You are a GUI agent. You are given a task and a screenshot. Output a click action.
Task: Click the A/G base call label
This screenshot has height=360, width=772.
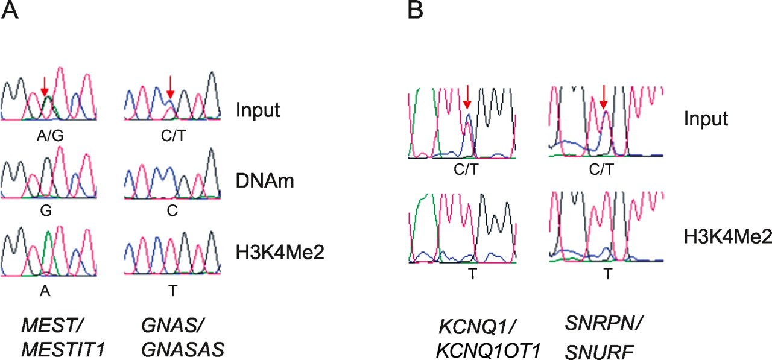coord(50,136)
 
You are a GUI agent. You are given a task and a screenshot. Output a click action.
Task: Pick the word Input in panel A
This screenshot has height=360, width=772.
coord(258,110)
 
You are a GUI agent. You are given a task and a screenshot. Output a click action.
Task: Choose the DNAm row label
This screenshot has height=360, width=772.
coord(265,180)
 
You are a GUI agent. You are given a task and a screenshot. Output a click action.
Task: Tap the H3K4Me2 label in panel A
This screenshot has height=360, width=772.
coord(280,252)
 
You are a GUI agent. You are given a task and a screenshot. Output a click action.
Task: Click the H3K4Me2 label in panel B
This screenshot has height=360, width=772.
coord(728,236)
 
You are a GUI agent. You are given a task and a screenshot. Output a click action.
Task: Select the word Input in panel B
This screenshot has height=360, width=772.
coord(706,119)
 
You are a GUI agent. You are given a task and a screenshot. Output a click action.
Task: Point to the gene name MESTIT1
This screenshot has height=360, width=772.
coord(63,350)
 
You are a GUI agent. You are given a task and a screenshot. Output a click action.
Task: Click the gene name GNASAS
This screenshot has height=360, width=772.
coord(183,350)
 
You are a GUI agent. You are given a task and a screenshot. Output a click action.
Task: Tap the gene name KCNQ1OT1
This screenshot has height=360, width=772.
coord(489,351)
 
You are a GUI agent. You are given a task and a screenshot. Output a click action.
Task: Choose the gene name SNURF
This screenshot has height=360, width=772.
coord(600,352)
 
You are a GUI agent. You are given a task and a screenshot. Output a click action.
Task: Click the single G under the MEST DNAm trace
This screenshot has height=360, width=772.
coord(46,210)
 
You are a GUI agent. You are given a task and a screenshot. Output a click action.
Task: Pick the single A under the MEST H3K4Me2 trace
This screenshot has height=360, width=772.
coord(45,291)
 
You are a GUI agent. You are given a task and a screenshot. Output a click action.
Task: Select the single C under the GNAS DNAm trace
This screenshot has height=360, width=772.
coord(172,210)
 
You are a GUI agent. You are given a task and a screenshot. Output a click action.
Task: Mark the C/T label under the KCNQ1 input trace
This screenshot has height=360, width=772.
coord(466,169)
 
